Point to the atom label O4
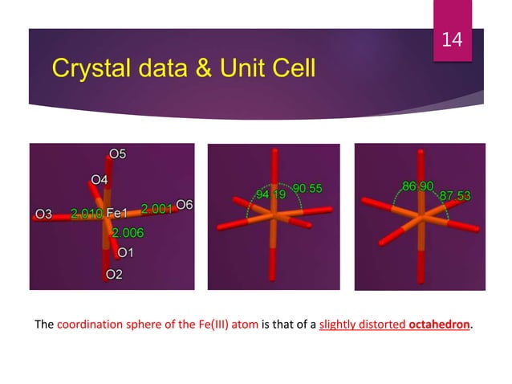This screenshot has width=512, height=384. tap(100, 179)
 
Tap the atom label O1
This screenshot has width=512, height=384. tap(125, 253)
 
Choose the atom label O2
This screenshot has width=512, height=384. tap(114, 276)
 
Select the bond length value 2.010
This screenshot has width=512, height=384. tap(86, 214)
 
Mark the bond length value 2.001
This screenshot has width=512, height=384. tap(156, 209)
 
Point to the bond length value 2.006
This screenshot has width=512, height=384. tap(128, 233)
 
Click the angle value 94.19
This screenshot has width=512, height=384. tap(270, 195)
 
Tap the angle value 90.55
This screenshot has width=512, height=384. tap(307, 189)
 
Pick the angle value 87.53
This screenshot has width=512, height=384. tap(454, 196)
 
